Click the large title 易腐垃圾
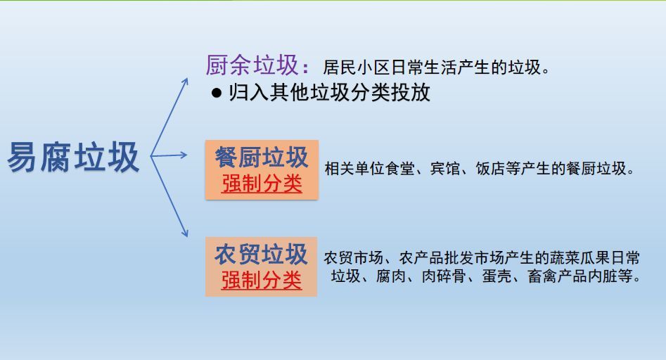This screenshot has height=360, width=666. point(73,157)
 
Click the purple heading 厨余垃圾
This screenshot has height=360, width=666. point(252,65)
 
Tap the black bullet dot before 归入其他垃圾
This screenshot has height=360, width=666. point(217,93)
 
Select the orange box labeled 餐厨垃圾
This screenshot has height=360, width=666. point(262,170)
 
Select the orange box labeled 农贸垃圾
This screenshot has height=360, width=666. point(261,266)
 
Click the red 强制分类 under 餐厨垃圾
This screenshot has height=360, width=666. point(262,184)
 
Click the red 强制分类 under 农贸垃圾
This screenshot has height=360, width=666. point(261,280)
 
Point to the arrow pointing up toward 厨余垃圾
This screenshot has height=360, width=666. point(169,117)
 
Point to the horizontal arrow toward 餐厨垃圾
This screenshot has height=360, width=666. point(169,155)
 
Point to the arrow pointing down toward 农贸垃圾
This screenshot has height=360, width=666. point(169,196)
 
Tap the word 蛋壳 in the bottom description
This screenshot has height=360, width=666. point(497,276)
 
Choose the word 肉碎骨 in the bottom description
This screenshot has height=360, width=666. point(444,276)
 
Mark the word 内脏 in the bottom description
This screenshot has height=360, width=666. point(603,276)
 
